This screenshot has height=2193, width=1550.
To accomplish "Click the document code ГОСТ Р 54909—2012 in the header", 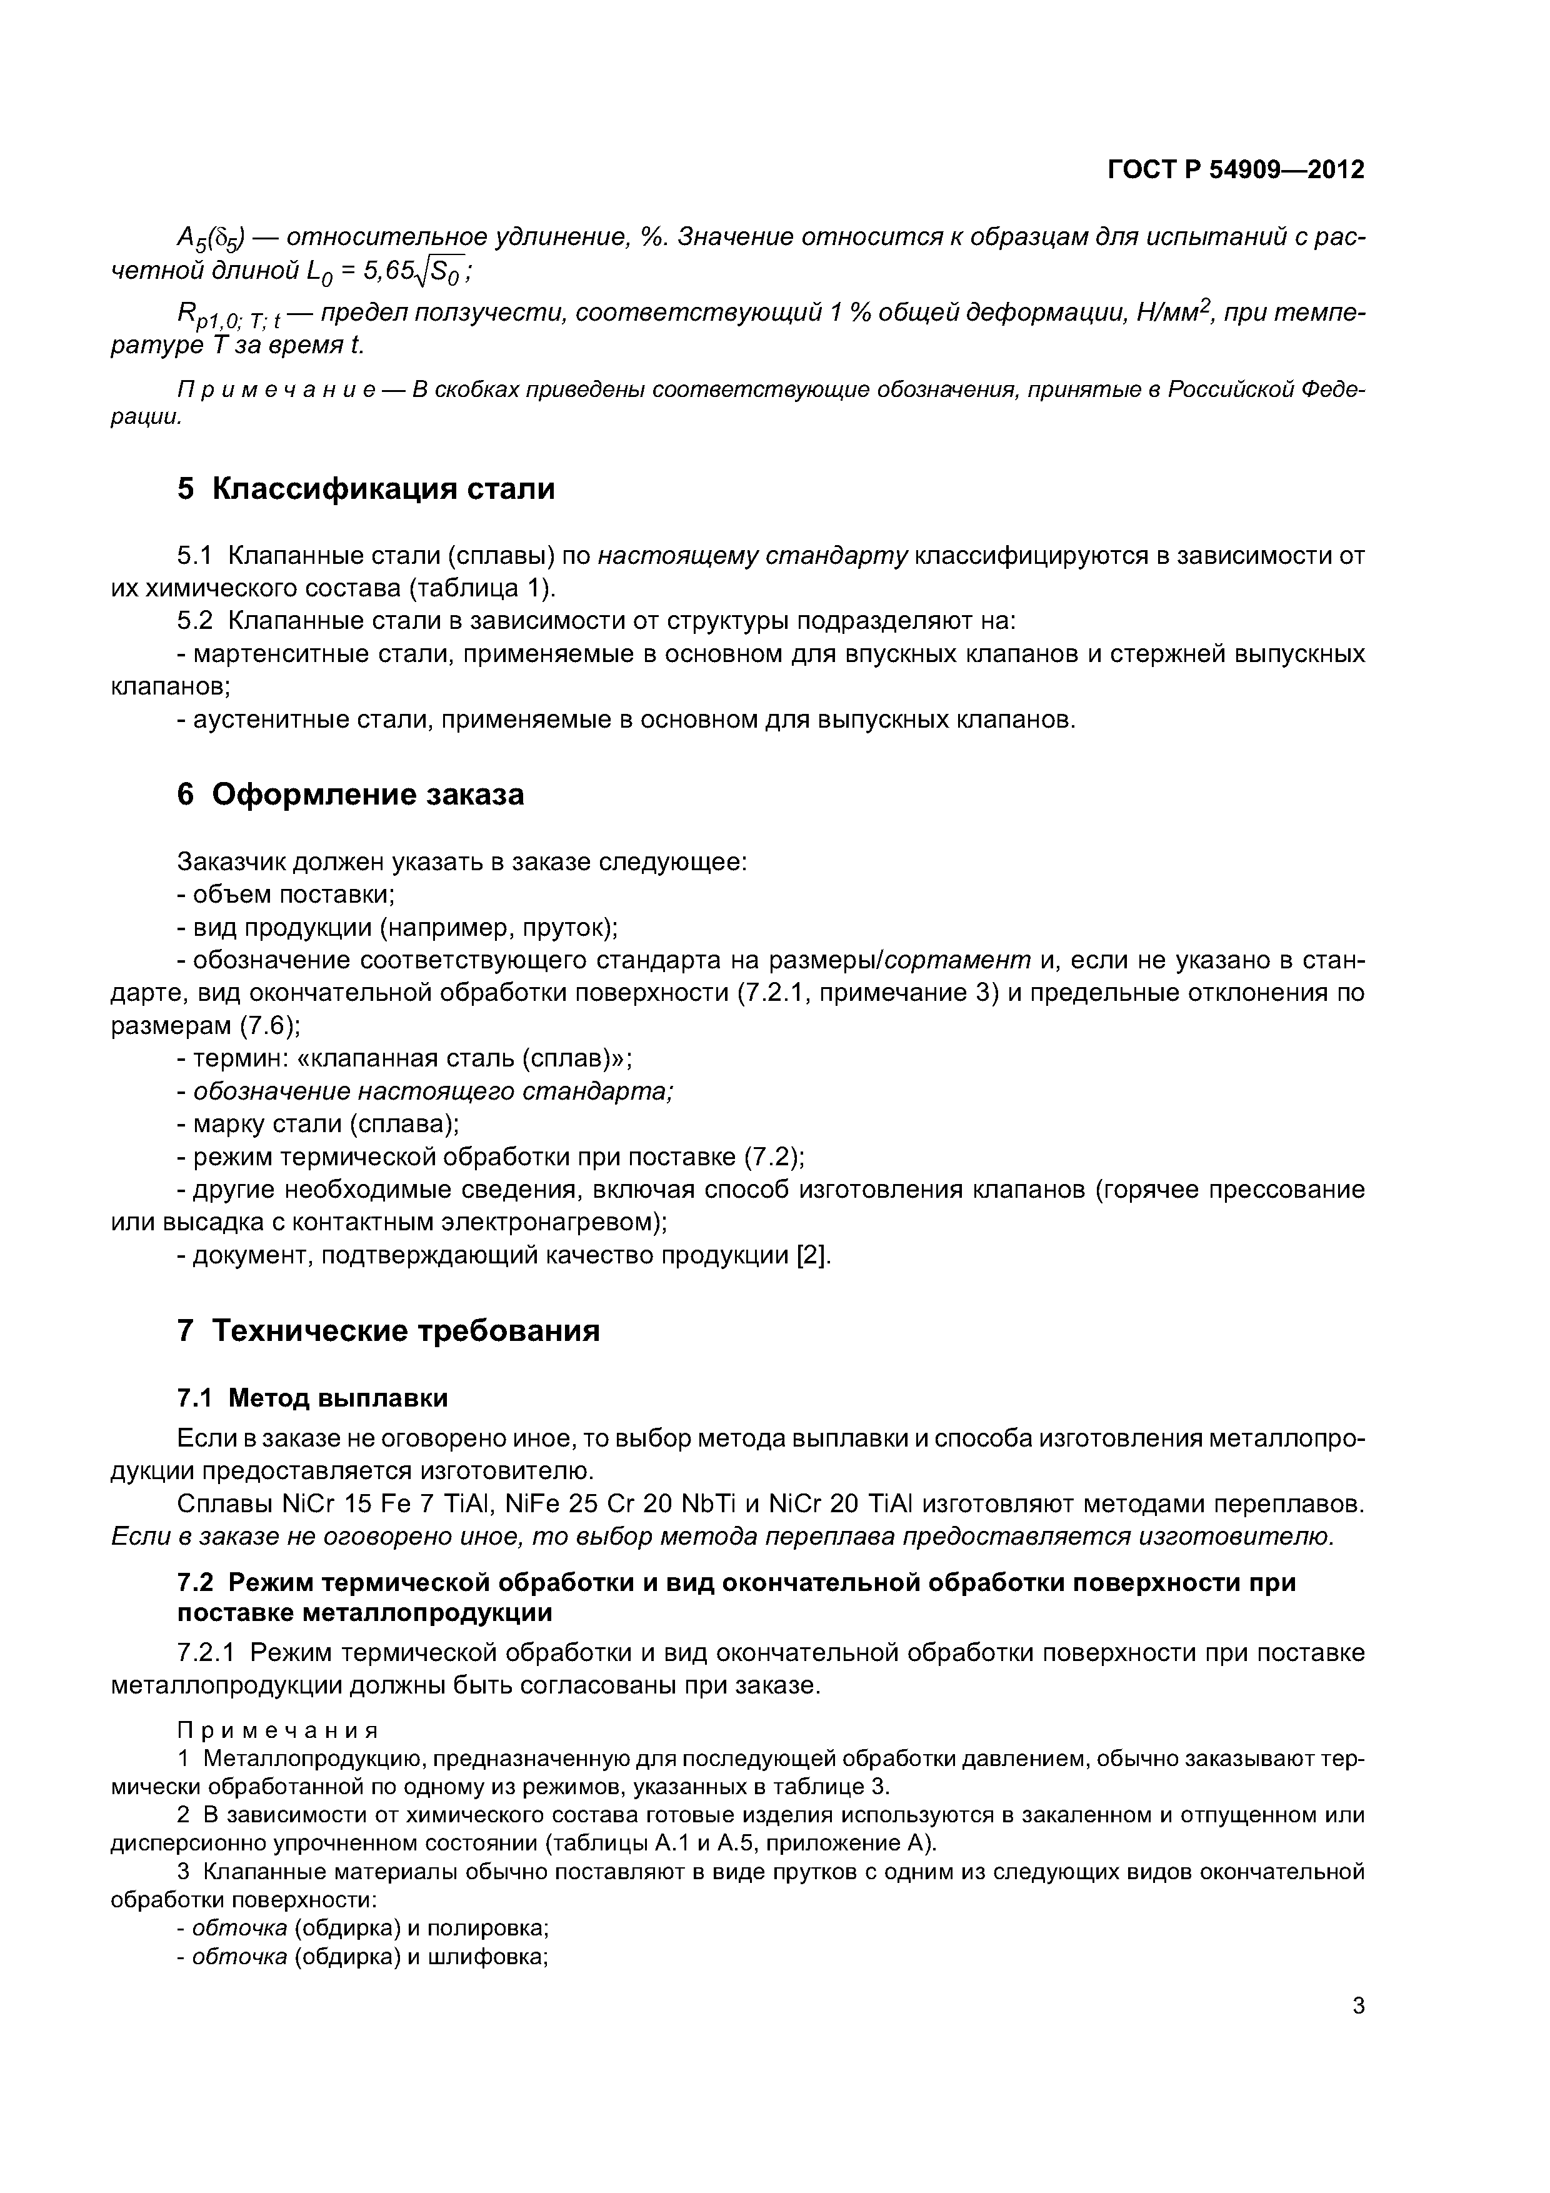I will point(1235,170).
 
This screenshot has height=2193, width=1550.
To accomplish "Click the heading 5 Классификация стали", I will point(366,489).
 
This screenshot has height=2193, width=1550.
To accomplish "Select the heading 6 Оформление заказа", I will point(351,794).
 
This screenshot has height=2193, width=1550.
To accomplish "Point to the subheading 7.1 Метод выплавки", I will point(312,1398).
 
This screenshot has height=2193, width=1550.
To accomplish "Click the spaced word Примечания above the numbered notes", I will point(278,1731).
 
